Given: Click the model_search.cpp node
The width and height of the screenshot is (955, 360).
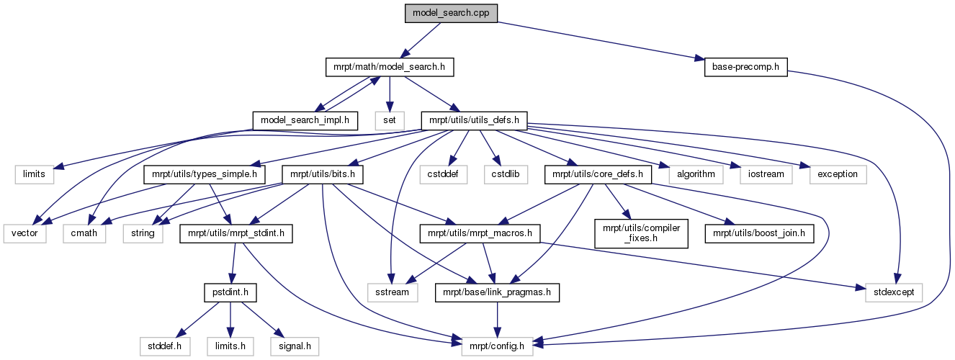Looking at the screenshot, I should coord(451,14).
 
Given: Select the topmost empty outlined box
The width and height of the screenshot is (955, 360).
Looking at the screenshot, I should coord(389,120).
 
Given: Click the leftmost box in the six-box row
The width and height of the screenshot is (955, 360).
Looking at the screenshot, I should coord(35,174).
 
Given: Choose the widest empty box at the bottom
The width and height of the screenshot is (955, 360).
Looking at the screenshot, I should coord(496,346).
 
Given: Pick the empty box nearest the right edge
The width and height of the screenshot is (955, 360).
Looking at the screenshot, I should coord(893,292).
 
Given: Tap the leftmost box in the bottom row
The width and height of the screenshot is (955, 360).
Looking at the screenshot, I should coord(164,346).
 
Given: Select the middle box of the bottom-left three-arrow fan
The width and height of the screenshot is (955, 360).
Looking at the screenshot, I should coord(230,346).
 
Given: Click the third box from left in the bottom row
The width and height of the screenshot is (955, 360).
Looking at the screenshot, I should coord(295,346).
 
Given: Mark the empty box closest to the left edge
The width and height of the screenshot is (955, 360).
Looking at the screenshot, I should coord(24,233).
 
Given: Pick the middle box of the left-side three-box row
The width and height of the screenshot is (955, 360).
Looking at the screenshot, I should coord(84,233).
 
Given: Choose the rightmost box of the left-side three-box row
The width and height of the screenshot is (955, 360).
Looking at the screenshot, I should coord(143,233).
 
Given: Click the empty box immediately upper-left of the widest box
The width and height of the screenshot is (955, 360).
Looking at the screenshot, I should coord(393,292).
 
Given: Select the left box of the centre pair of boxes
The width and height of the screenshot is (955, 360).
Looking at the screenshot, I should coord(444,174).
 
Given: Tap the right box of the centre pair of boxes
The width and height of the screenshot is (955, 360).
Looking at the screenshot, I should coord(506,174).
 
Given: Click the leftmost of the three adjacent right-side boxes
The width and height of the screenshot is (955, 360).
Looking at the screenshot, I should coord(695,174).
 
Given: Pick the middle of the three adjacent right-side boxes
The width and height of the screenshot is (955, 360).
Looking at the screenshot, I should coord(766,174).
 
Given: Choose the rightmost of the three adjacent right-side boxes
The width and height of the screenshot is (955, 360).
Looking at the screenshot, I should coord(837,174).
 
